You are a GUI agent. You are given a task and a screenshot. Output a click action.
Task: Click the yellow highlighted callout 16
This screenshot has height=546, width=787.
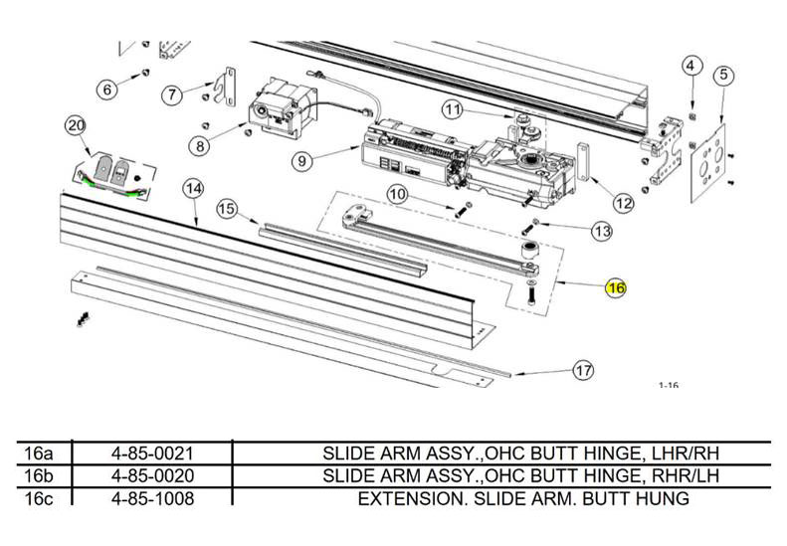coord(616,288)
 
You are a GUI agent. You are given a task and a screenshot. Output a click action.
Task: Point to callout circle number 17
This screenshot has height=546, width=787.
coord(582,371)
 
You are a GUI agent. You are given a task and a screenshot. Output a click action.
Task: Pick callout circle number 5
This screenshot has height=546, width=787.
coord(722,75)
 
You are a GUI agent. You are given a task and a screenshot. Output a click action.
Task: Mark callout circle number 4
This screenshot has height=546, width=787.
coord(690,66)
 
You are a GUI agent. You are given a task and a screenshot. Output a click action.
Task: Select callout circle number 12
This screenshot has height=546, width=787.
coord(623,204)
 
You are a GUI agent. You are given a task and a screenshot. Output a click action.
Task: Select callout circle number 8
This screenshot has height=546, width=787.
coord(202,145)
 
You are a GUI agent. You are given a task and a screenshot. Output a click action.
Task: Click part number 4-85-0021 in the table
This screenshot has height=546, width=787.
coord(152,454)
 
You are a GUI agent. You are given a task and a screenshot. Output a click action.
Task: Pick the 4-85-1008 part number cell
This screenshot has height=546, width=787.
coord(152,497)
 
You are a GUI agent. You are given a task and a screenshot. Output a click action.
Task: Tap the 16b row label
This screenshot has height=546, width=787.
coord(38,475)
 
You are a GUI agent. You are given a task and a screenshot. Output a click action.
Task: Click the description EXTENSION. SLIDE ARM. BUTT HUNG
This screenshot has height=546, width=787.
coord(523,497)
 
